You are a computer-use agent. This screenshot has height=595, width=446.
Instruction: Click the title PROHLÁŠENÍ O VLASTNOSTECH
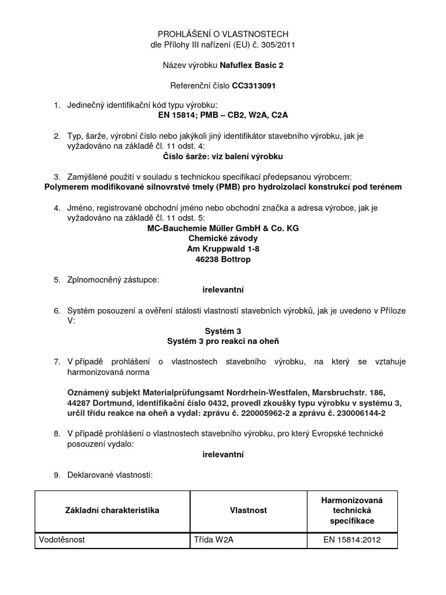point(223,34)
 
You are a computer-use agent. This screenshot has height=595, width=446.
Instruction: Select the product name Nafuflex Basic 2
point(253,65)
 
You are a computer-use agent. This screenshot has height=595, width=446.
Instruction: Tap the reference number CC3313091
point(254,85)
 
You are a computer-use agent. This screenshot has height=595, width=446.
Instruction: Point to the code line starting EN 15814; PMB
point(223,115)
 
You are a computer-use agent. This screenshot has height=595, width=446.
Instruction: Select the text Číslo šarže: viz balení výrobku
point(223,156)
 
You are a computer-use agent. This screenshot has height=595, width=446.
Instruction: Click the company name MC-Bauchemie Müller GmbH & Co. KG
point(223,228)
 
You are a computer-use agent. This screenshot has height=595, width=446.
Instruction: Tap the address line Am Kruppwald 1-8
point(223,249)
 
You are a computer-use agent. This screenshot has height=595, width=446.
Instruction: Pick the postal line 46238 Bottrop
point(223,259)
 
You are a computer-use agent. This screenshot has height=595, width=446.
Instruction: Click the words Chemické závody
point(223,238)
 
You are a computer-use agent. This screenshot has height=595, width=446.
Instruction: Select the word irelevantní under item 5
point(223,289)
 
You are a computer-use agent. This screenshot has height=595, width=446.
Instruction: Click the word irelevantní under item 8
point(223,454)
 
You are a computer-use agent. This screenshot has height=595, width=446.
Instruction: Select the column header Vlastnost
point(249,510)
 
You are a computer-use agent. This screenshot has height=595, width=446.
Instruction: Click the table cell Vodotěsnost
point(62,540)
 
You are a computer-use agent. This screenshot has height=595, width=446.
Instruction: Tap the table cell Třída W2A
point(213,540)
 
